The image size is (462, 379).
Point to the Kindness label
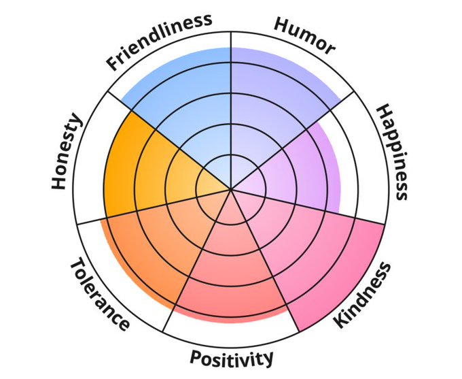coord(364,295)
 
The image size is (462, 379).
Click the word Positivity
coord(232,357)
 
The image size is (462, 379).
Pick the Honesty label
coord(67,152)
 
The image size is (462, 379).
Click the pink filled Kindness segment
coord(306,252)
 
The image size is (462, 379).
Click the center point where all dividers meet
coord(231,190)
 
